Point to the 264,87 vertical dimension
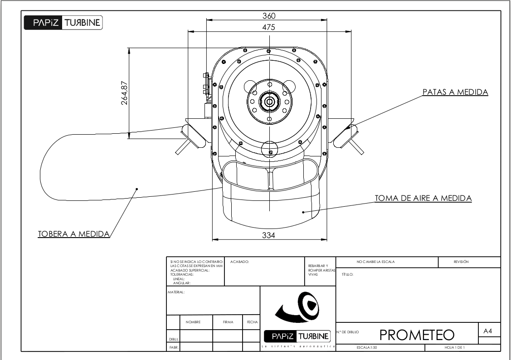click(124, 92)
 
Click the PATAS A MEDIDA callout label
click(455, 92)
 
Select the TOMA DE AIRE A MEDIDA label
click(423, 198)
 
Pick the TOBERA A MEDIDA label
click(73, 234)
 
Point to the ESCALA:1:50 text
click(366, 347)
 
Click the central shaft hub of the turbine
click(269, 102)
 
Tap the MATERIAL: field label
click(176, 292)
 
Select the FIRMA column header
click(228, 322)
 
